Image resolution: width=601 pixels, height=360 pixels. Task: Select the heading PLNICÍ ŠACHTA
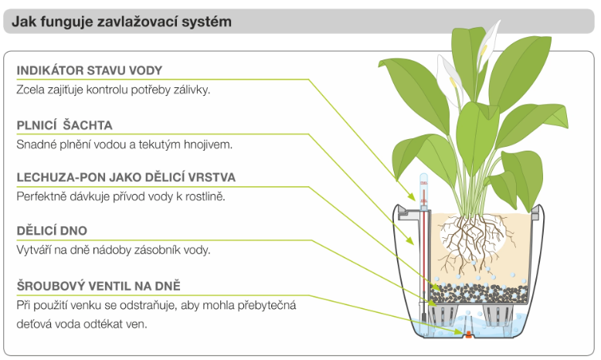coord(65,124)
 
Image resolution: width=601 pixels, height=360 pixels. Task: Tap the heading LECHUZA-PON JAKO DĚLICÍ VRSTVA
coord(126,178)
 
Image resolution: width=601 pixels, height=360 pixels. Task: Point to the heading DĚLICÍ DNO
coord(52,231)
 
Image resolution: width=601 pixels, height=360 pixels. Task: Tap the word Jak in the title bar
coord(22,22)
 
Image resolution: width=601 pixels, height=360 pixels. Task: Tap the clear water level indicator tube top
coord(423,185)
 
